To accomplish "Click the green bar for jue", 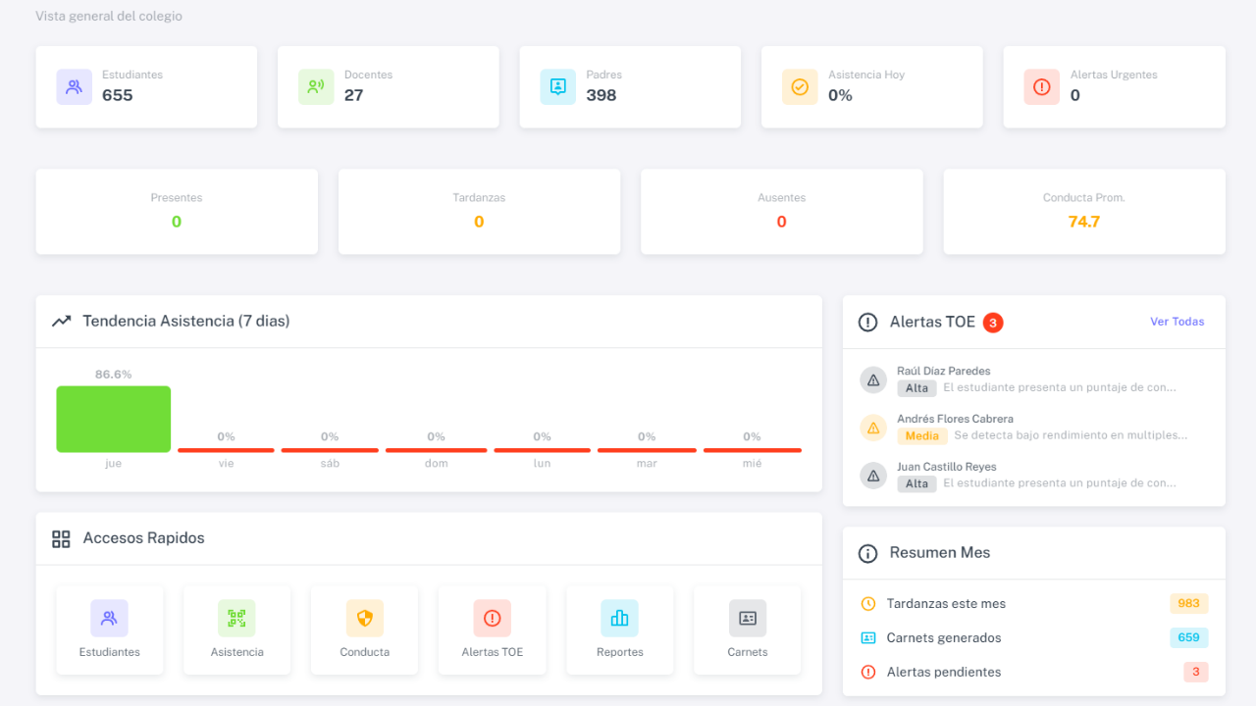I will tap(113, 419).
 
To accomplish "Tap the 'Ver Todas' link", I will tap(1177, 322).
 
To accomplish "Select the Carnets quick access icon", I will tap(748, 619).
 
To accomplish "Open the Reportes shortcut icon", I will tap(619, 619).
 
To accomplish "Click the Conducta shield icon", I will tap(364, 619).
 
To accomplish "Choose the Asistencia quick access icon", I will tap(236, 619).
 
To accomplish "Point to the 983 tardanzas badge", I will tap(1188, 604).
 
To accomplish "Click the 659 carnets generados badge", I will tap(1188, 637).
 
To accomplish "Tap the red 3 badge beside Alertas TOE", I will tap(993, 322).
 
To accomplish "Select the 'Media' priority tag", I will tap(921, 435).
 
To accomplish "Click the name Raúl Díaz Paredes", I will tap(943, 371).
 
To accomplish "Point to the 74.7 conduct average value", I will tap(1083, 222).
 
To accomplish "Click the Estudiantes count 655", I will tap(118, 95).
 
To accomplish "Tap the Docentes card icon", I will tap(316, 87).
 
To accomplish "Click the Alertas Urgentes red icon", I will tap(1041, 87).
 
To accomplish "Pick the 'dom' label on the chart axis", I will tap(436, 464).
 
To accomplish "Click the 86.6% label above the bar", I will tap(113, 375).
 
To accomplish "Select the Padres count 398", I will tap(602, 95).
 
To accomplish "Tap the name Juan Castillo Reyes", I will tap(946, 467).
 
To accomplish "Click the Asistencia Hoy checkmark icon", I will tap(800, 87).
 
